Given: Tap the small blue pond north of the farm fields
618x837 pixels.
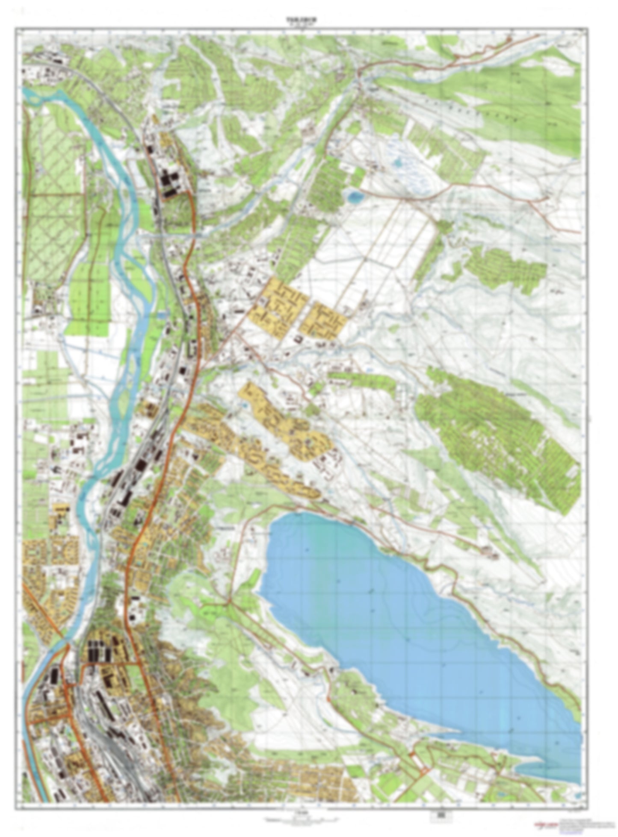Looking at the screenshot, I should tap(355, 197).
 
